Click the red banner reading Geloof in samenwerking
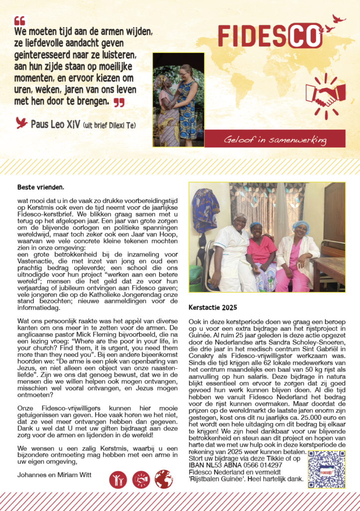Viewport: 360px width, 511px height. (x=275, y=139)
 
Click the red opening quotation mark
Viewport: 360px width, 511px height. (x=19, y=21)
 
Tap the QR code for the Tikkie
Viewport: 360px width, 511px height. (x=327, y=470)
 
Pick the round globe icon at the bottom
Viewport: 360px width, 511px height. (x=164, y=480)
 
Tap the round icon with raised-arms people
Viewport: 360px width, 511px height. (x=118, y=480)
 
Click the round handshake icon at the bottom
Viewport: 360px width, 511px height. (x=141, y=480)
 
